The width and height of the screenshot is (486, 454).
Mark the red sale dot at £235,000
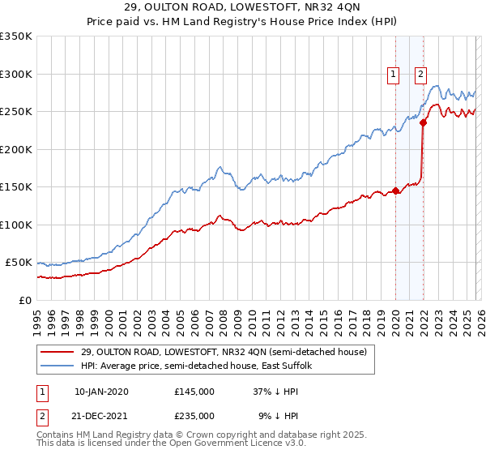point(423,123)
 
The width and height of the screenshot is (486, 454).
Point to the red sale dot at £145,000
point(395,191)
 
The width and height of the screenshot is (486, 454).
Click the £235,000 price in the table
point(194,415)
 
